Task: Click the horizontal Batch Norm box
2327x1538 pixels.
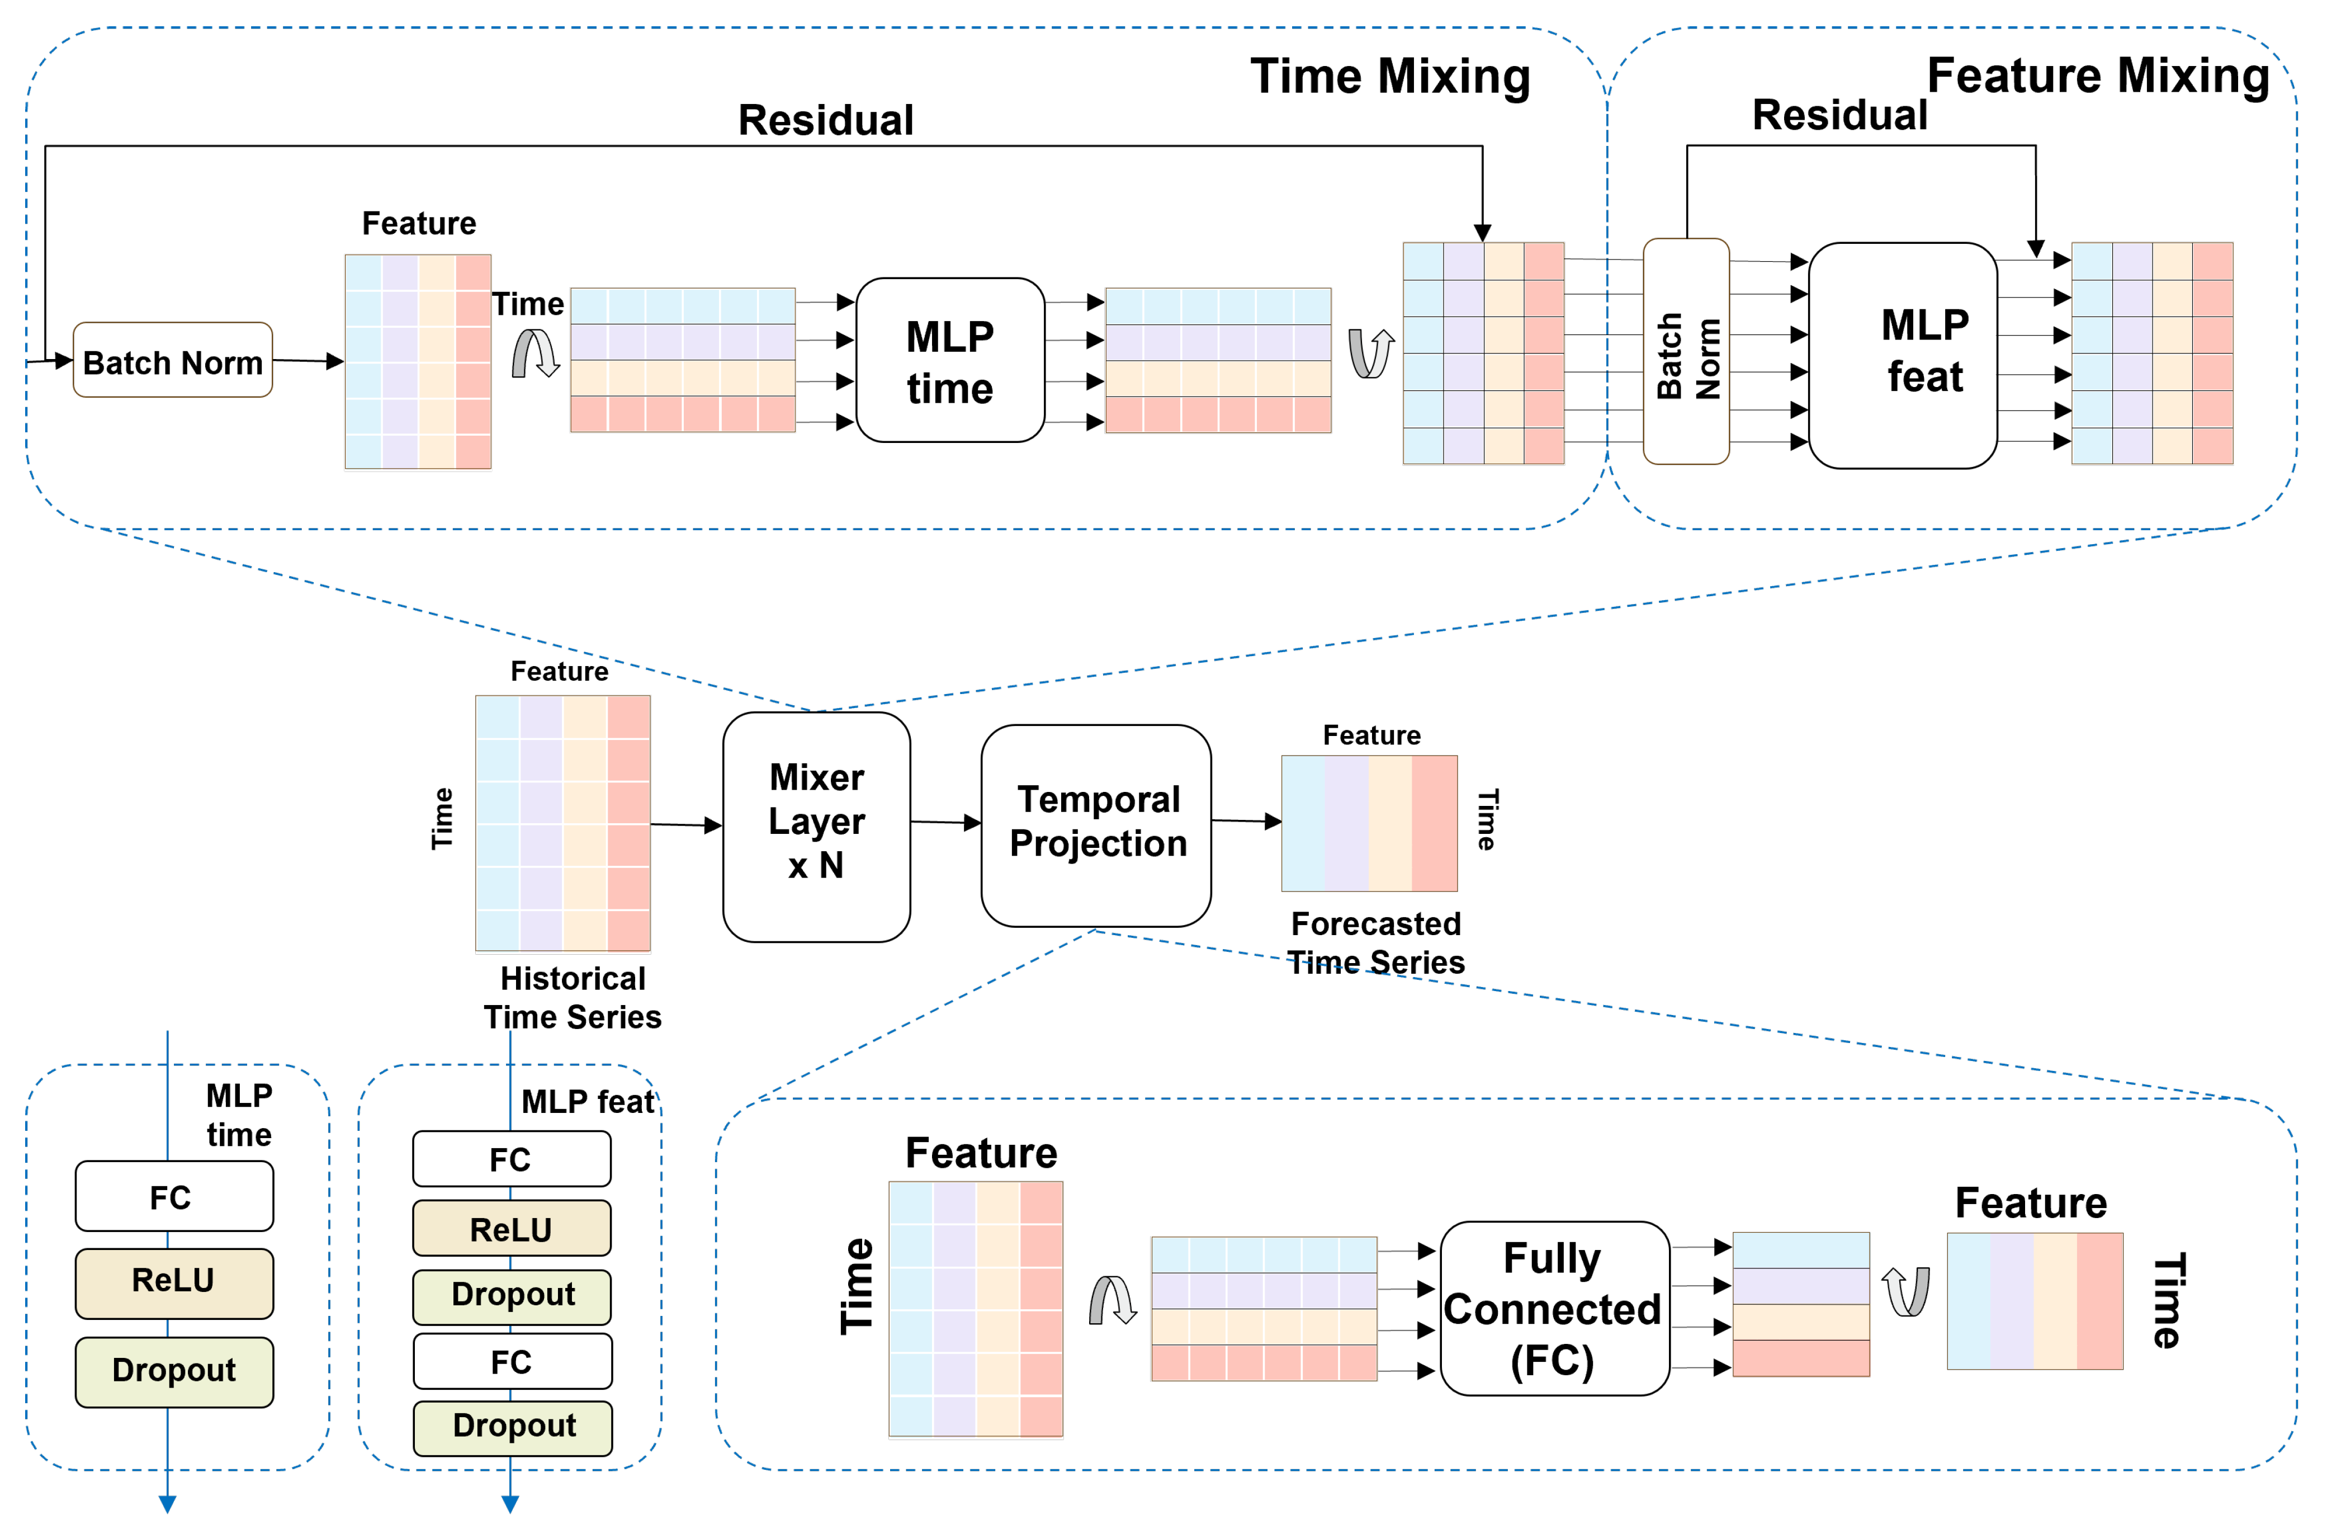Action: [173, 360]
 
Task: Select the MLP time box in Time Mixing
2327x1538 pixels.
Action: [950, 360]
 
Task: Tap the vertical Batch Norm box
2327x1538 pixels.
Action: [1686, 351]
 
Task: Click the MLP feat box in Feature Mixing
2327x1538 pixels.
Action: [1903, 355]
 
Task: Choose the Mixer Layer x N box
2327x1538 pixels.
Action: [817, 827]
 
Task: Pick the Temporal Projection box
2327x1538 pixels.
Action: [1096, 826]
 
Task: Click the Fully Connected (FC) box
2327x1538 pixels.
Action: [1554, 1309]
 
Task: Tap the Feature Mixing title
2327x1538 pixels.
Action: [2098, 76]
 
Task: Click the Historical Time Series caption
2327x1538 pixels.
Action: [573, 998]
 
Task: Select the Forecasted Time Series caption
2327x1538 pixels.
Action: [1376, 942]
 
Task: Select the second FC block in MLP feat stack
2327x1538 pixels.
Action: [513, 1361]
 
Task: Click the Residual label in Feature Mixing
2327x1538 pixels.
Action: [1839, 115]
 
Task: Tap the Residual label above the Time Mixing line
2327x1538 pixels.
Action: [826, 120]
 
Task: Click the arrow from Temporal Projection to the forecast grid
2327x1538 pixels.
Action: [1246, 821]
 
